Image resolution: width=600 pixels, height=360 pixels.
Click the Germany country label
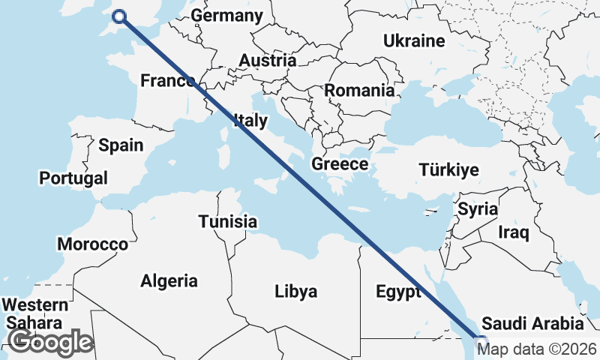[227, 16]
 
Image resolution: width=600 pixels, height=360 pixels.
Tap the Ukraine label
[414, 40]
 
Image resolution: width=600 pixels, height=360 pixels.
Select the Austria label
[267, 61]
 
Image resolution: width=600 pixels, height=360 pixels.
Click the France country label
[166, 81]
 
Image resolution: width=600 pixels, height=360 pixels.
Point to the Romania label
[359, 91]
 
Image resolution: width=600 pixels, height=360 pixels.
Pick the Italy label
[250, 120]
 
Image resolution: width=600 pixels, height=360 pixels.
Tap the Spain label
[121, 145]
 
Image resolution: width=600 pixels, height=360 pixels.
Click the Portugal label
[73, 178]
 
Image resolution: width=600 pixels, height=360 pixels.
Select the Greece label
[340, 164]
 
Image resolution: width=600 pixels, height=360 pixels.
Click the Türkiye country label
[448, 170]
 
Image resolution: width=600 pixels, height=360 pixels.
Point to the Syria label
[478, 209]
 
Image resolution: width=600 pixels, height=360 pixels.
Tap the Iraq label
[514, 232]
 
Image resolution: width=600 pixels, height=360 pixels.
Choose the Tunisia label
[228, 222]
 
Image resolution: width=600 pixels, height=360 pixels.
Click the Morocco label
[93, 244]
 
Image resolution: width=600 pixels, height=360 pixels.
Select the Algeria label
[169, 281]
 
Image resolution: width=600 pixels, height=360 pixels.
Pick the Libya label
[295, 291]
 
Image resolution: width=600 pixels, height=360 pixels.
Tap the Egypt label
[397, 292]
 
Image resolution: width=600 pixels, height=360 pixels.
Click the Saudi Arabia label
[532, 324]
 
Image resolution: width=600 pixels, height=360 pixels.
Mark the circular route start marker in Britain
[119, 17]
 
